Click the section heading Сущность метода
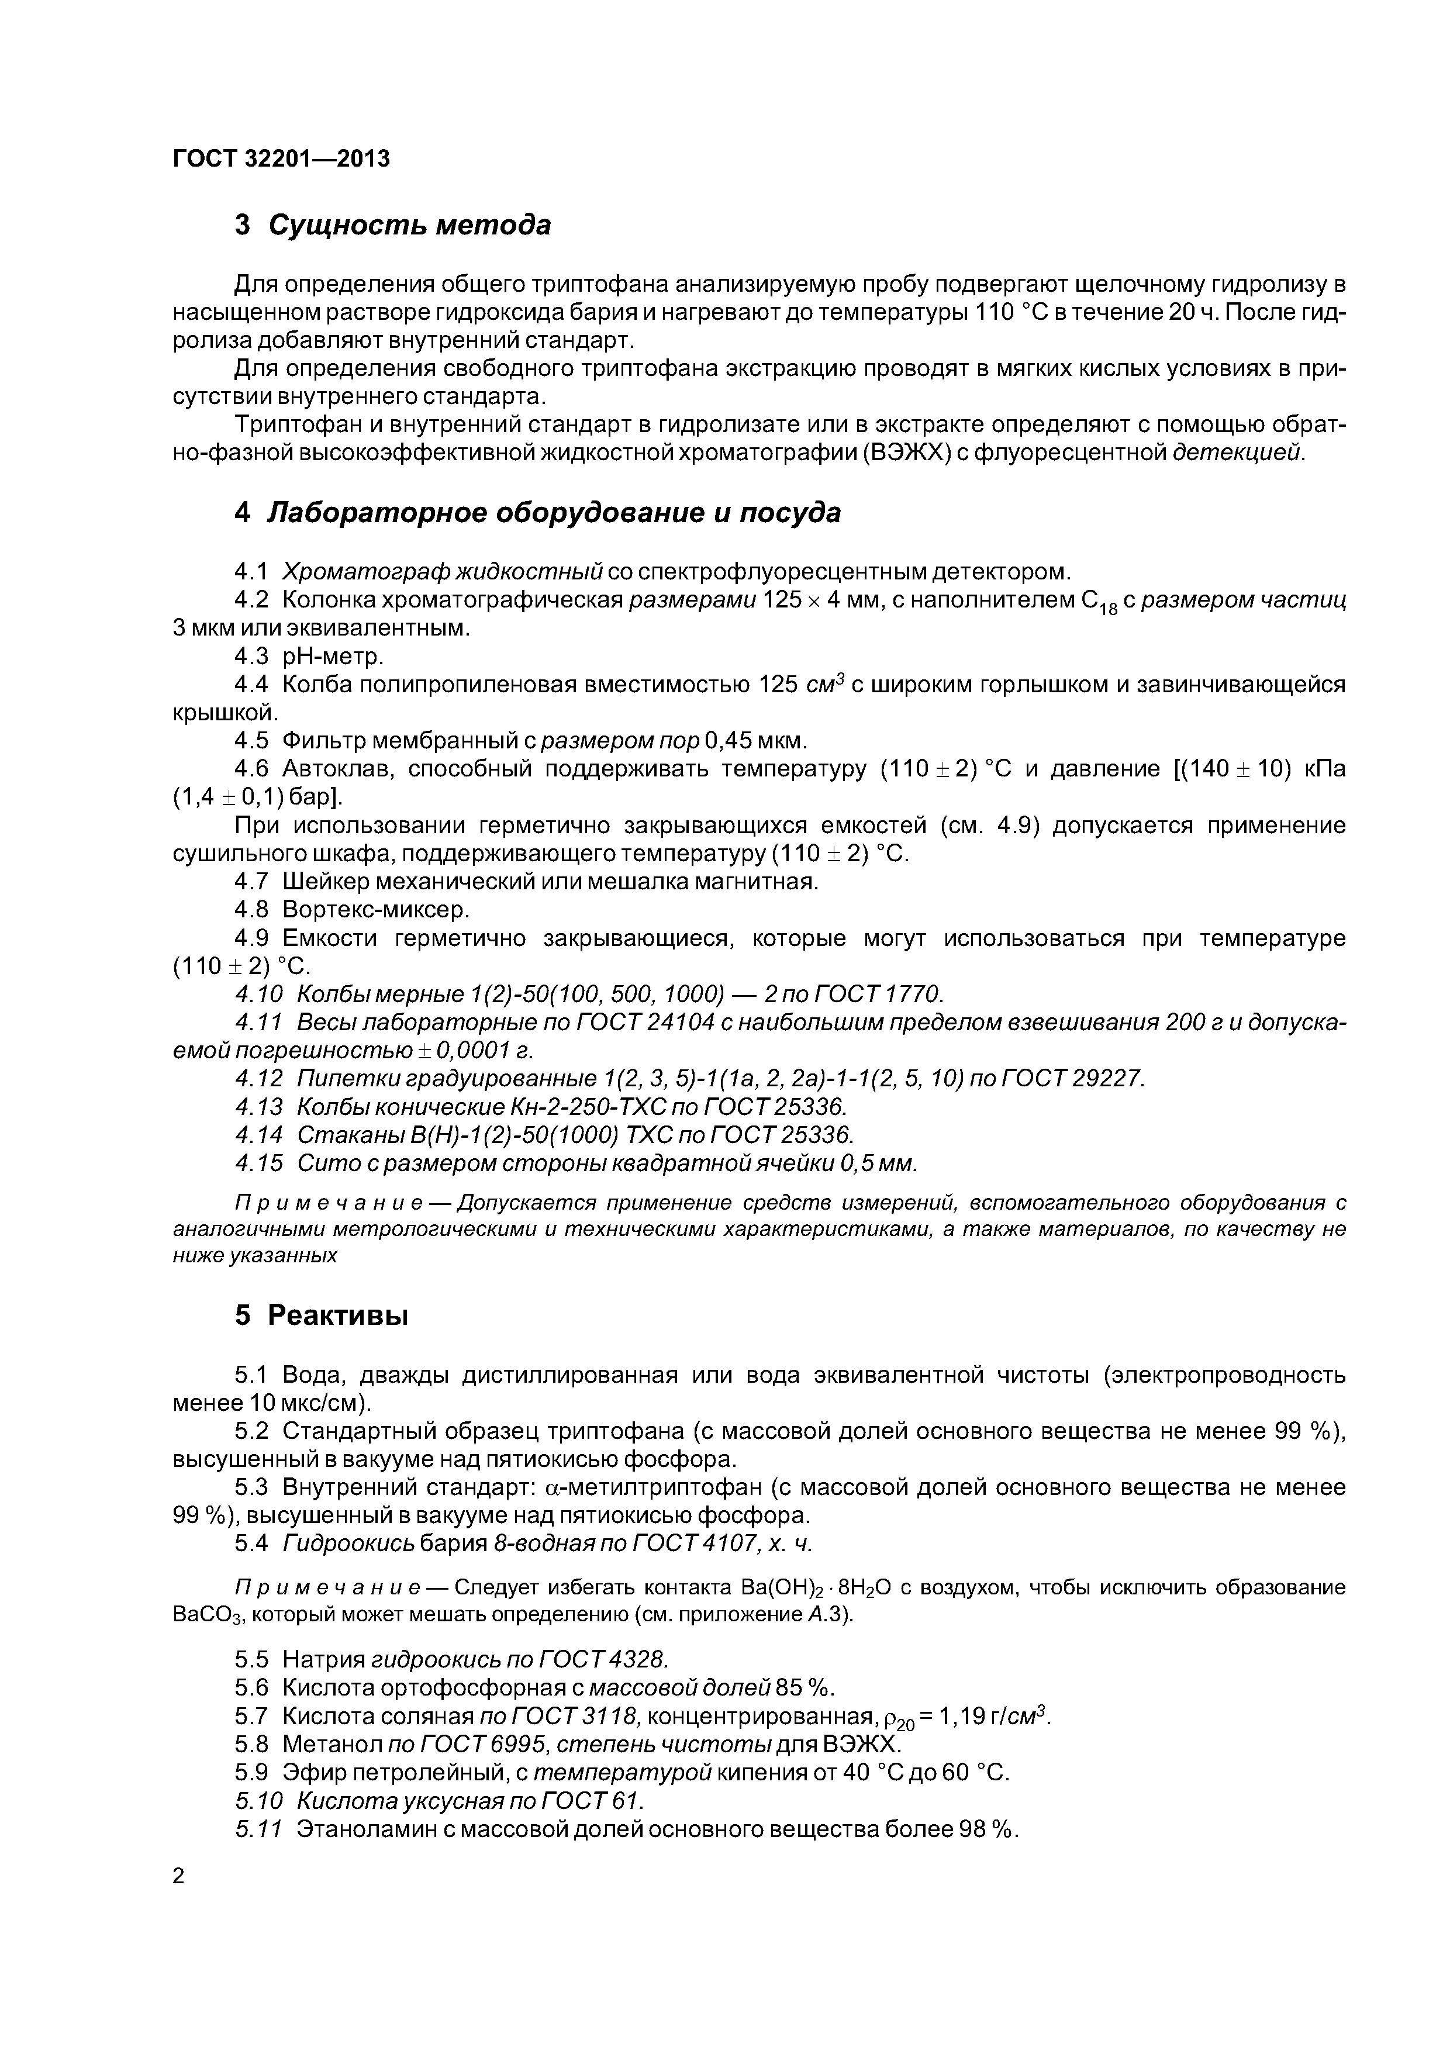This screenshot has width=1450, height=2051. tap(409, 225)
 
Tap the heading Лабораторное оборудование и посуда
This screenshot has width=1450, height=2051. tap(554, 513)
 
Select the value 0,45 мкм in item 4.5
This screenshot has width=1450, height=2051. tap(755, 741)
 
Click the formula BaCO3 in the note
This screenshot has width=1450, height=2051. tap(203, 1616)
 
